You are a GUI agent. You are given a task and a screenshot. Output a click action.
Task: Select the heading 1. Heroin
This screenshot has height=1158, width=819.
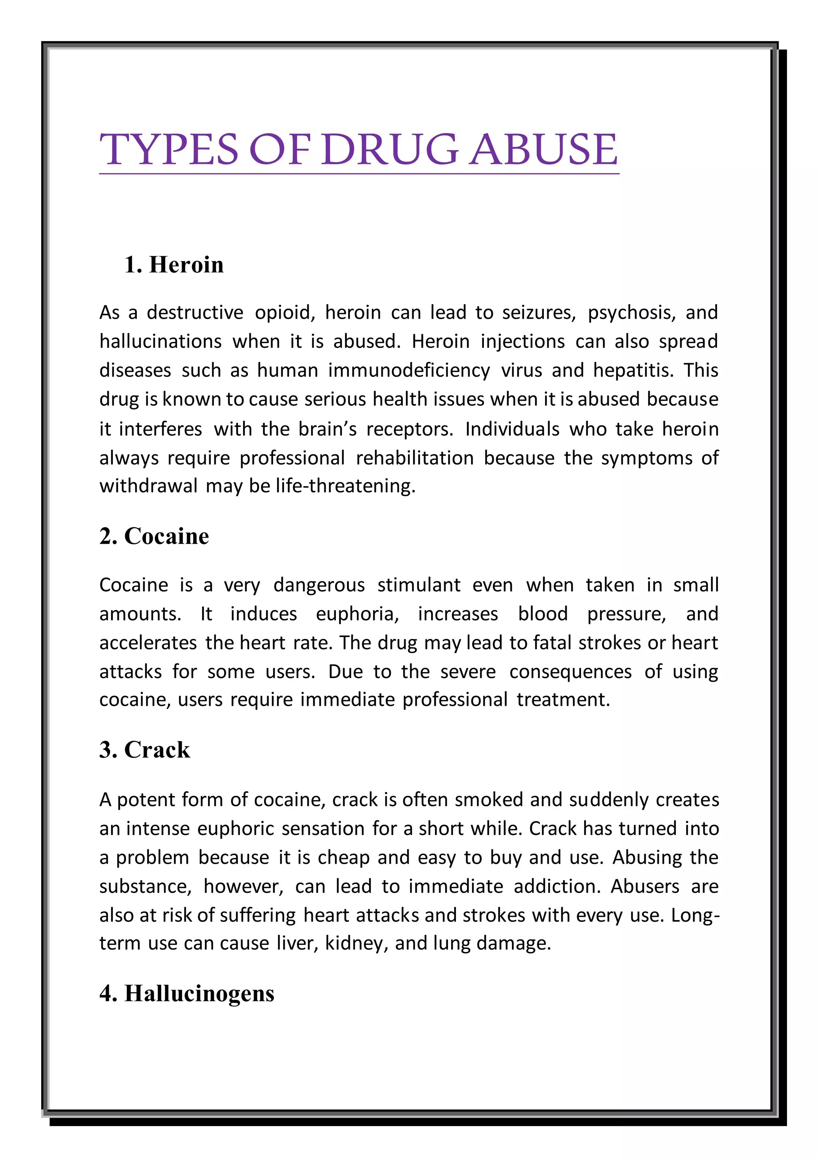coord(174,265)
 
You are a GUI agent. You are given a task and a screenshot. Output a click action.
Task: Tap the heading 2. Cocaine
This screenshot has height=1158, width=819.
coord(154,536)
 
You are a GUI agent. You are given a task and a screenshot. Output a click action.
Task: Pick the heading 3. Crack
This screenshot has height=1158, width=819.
coord(145,749)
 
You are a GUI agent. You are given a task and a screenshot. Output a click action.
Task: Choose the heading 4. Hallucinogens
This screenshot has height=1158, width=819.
coord(187,993)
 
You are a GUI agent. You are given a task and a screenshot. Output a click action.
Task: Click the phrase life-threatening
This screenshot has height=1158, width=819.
coord(346,486)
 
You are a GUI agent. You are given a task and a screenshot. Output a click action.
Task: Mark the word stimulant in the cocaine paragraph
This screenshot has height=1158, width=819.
coord(419,585)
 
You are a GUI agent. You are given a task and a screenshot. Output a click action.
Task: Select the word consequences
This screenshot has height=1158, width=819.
coord(570,672)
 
